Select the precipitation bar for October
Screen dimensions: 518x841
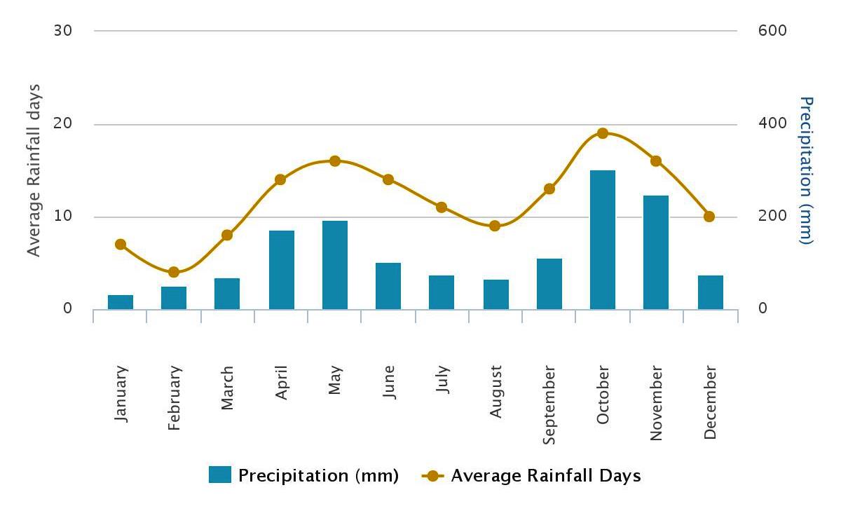(x=602, y=240)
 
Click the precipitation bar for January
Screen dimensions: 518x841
(x=121, y=302)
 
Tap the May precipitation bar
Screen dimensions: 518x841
(x=335, y=265)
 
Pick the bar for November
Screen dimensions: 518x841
(x=656, y=252)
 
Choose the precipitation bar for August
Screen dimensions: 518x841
(x=495, y=294)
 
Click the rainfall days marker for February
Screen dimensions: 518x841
(x=174, y=272)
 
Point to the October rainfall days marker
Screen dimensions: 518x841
(x=602, y=133)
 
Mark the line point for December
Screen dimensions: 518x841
(x=709, y=217)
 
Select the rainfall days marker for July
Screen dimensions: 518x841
(x=442, y=207)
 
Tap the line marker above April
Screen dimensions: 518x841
(x=281, y=179)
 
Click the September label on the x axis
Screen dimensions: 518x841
(x=549, y=404)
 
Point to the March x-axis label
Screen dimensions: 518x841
(x=227, y=388)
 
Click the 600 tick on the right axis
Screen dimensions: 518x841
(x=772, y=31)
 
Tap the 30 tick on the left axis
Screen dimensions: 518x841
(x=63, y=31)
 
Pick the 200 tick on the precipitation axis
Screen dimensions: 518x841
(x=772, y=216)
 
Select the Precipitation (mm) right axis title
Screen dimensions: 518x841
(x=805, y=170)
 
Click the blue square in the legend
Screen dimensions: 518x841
(x=219, y=475)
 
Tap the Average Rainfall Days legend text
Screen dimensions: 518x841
(x=545, y=476)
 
